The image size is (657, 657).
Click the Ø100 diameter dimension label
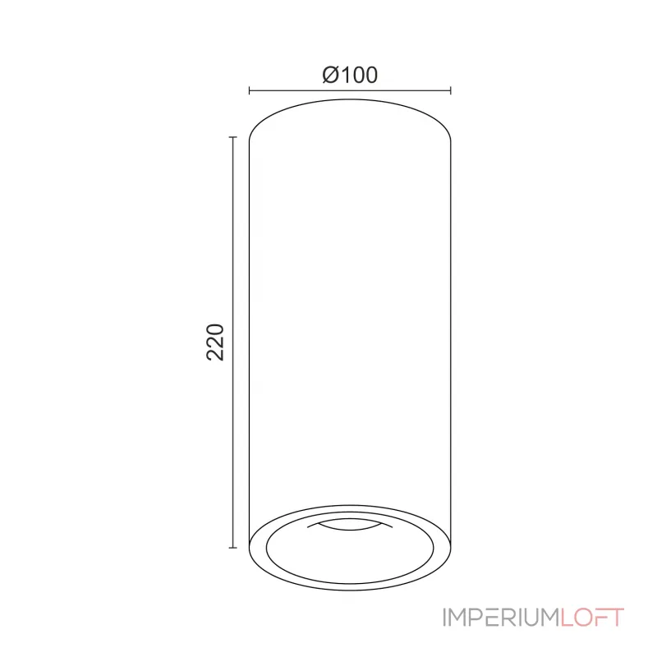[350, 75]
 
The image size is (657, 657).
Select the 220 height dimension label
[215, 342]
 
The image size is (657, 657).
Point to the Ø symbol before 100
[330, 75]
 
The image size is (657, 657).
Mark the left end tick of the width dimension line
[249, 91]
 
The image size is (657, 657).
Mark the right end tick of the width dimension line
[451, 91]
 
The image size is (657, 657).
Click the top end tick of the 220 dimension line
[233, 138]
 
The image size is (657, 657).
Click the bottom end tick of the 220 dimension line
[233, 548]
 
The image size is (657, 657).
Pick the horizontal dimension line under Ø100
[350, 91]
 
